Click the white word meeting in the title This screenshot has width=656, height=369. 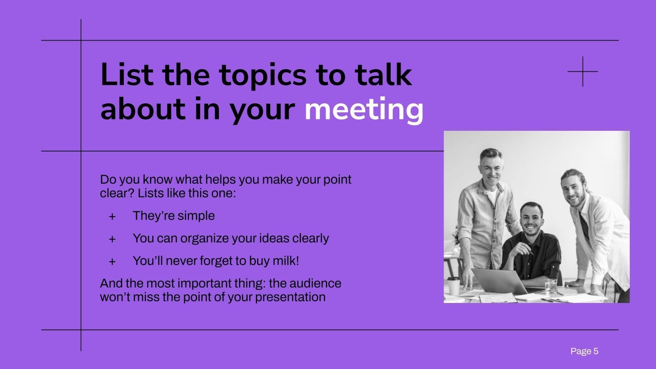pyautogui.click(x=364, y=110)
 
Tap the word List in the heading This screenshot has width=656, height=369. pyautogui.click(x=127, y=75)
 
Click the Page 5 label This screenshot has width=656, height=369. pyautogui.click(x=584, y=351)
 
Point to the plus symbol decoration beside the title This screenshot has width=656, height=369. pyautogui.click(x=583, y=72)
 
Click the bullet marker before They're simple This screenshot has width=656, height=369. pyautogui.click(x=112, y=217)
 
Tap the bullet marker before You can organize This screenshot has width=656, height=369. pyautogui.click(x=112, y=239)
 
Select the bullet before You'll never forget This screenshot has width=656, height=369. pyautogui.click(x=112, y=262)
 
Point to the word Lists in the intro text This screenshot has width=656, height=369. pyautogui.click(x=151, y=193)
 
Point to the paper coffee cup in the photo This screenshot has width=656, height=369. pyautogui.click(x=453, y=285)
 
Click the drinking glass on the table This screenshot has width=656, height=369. pyautogui.click(x=551, y=285)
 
